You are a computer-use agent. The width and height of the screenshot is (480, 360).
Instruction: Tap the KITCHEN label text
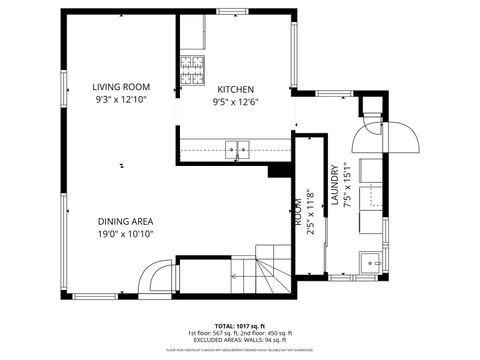pyautogui.click(x=234, y=89)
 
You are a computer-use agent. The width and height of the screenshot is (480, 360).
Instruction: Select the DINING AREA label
pyautogui.click(x=125, y=221)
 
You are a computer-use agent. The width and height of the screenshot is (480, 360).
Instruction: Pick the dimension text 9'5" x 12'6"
pyautogui.click(x=234, y=101)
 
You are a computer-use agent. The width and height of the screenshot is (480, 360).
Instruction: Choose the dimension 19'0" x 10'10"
pyautogui.click(x=125, y=234)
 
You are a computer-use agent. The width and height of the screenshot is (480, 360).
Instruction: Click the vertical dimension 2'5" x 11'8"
pyautogui.click(x=309, y=214)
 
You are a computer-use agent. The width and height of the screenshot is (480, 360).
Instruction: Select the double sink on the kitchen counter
pyautogui.click(x=238, y=151)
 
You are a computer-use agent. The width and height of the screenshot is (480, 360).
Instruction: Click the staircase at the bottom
pyautogui.click(x=271, y=269)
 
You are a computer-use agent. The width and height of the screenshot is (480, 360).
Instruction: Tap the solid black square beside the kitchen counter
pyautogui.click(x=275, y=171)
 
